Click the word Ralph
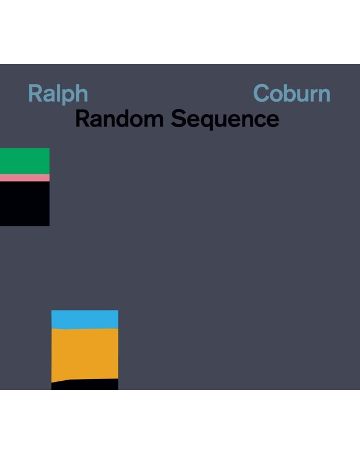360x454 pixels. tap(58, 94)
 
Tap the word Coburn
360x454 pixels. tap(292, 93)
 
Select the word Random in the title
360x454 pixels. tap(119, 118)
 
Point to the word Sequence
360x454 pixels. tap(225, 119)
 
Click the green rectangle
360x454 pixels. tap(24, 161)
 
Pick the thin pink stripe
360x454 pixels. tap(24, 178)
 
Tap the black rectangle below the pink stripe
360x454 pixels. tap(24, 204)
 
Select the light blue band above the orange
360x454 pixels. tap(85, 320)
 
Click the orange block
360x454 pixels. tap(85, 354)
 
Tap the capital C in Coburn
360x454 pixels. tap(262, 93)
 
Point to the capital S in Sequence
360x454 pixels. tap(178, 119)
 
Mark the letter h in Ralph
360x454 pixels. tap(81, 93)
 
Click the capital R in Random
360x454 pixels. tap(82, 118)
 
